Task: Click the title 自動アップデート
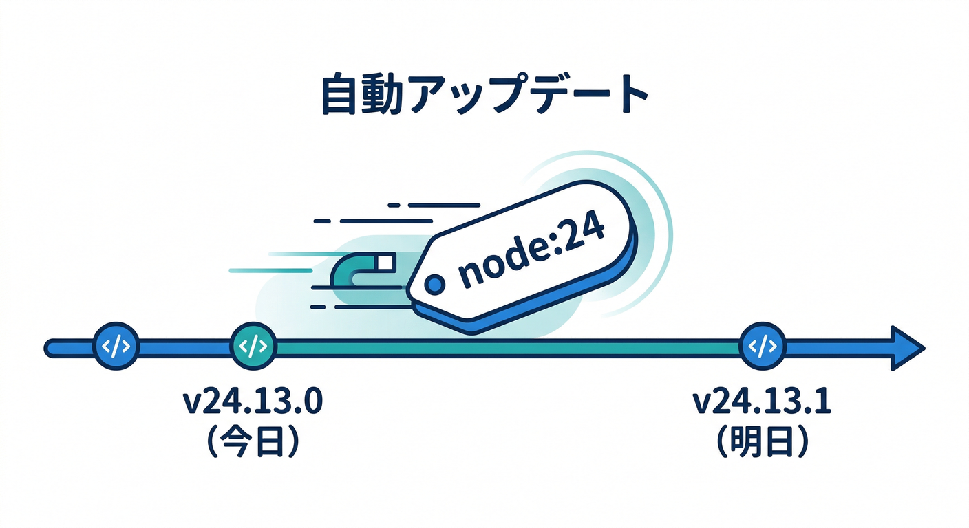click(x=484, y=96)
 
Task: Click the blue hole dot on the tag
click(x=434, y=283)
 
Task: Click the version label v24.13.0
click(x=253, y=402)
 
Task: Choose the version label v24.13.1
click(x=763, y=402)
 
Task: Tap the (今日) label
click(x=253, y=443)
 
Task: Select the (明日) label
click(x=763, y=443)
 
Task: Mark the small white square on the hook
click(x=385, y=263)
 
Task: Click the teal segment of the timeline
click(x=502, y=347)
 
